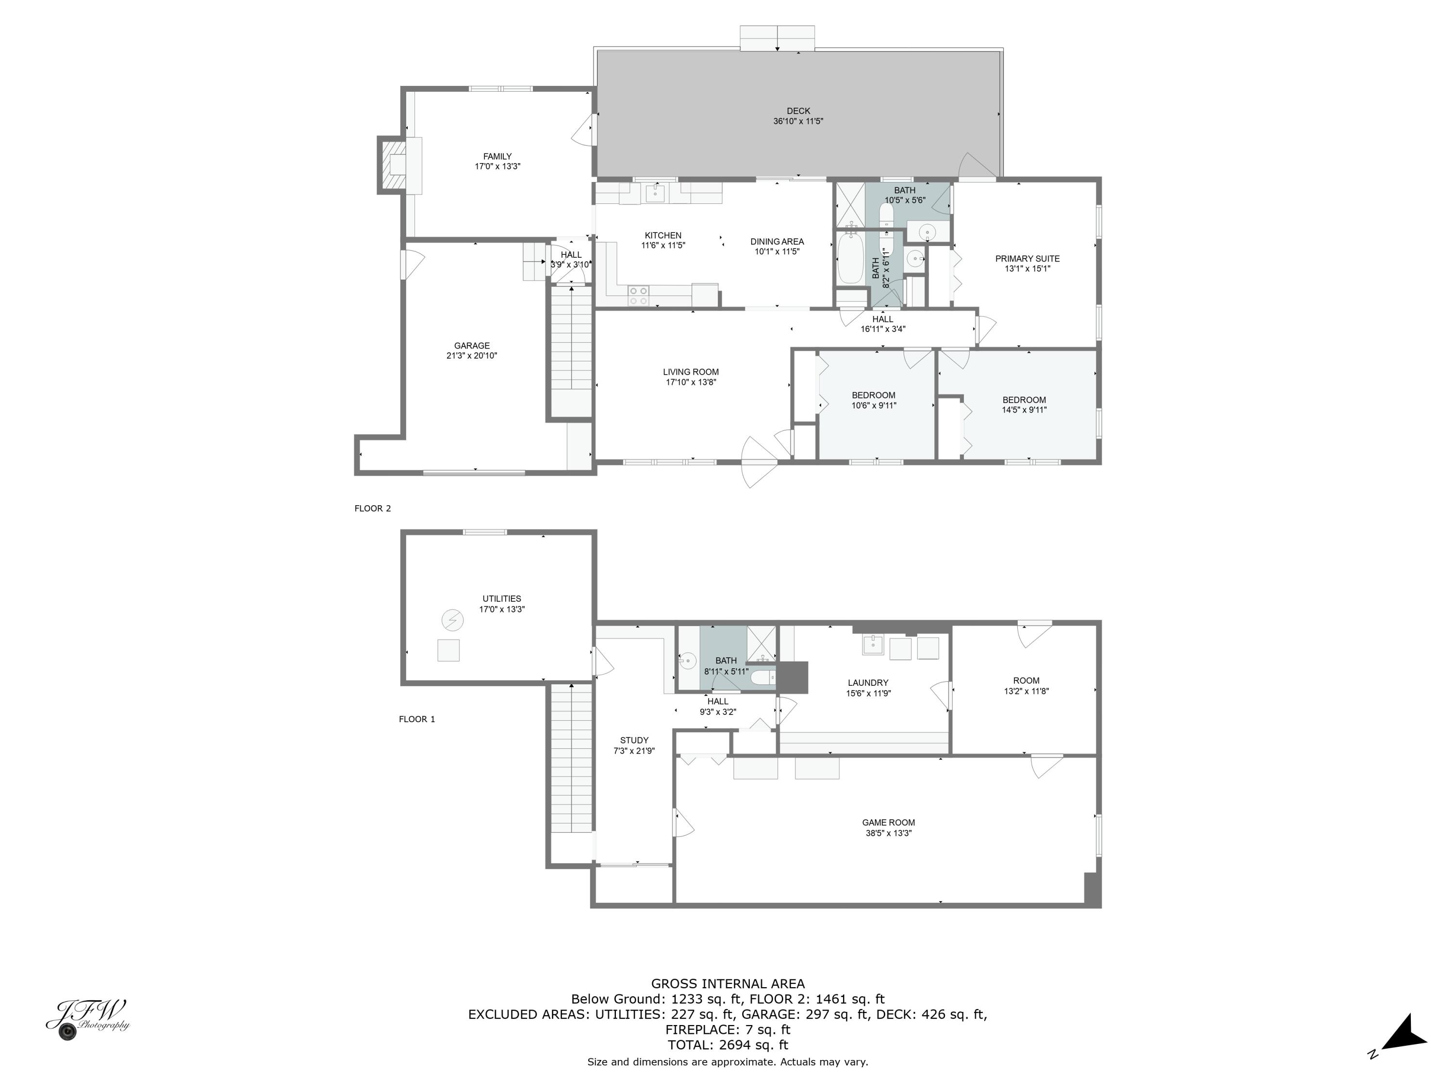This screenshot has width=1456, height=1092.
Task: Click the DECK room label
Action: point(798,111)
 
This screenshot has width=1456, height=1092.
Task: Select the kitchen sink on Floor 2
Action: point(654,194)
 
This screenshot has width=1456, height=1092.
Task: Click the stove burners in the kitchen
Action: point(638,296)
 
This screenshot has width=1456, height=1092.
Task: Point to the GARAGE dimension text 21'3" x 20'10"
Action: point(471,355)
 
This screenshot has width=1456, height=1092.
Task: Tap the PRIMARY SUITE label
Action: point(1027,259)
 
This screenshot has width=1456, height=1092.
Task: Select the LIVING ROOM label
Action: point(691,372)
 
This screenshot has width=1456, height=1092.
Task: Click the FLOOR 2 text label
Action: point(373,508)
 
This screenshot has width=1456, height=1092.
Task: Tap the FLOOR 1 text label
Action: point(416,719)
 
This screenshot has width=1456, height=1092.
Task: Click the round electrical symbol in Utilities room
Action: point(451,620)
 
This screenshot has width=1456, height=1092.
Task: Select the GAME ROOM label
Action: point(888,822)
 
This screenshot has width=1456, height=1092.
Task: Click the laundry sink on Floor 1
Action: point(873,645)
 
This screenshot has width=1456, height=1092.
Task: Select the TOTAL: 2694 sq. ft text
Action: point(728,1044)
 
